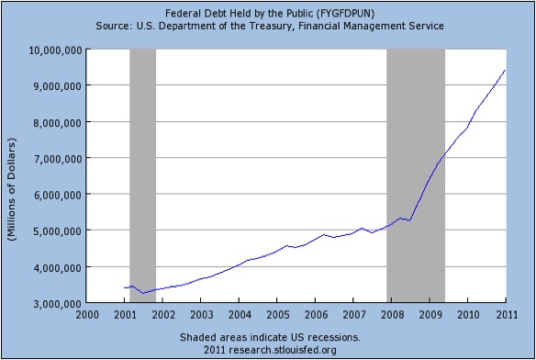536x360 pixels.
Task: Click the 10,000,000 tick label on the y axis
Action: [x=55, y=51]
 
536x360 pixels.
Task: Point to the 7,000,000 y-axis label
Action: [x=58, y=159]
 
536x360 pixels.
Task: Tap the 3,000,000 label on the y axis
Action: [x=58, y=304]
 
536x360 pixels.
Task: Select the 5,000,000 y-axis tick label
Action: [x=58, y=231]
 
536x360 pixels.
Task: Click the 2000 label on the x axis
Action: [x=87, y=314]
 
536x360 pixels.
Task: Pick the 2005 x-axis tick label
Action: [x=277, y=314]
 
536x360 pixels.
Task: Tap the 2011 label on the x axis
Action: [x=507, y=314]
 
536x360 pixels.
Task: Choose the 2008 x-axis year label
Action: [x=392, y=314]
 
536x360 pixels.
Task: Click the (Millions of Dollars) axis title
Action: [x=12, y=189]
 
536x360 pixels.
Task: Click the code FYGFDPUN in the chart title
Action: [x=345, y=14]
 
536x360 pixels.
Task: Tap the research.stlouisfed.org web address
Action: [x=283, y=350]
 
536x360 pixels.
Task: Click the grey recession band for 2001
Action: [x=143, y=176]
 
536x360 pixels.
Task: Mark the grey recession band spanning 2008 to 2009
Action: [x=416, y=176]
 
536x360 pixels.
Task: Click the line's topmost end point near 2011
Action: [x=505, y=70]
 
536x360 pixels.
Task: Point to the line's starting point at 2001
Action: [x=125, y=287]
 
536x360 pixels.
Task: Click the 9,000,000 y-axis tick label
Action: [x=58, y=86]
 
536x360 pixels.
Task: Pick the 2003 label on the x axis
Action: [x=201, y=314]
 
